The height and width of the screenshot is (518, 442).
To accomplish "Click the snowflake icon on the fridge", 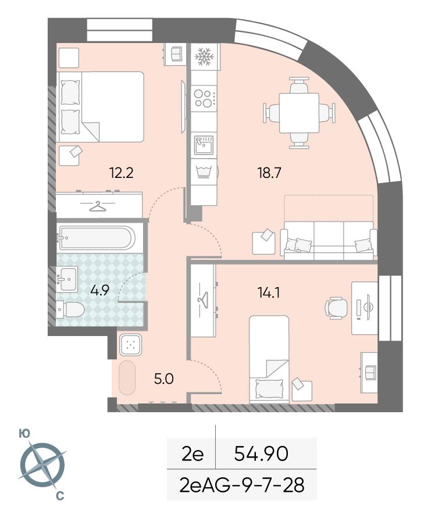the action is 205,57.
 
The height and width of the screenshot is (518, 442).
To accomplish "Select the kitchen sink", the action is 204,145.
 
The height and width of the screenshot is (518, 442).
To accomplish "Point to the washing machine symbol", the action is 204,172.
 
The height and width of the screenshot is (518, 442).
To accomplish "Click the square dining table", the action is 299,113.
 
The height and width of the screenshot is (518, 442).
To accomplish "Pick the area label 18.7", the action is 269,173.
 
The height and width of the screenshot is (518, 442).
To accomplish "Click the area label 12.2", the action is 122,173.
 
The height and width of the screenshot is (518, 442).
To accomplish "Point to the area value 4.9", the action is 100,290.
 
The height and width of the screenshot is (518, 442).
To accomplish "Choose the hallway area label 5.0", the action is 164,378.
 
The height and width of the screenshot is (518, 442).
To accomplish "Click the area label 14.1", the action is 269,292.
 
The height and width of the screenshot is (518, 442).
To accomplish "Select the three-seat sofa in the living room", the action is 329,240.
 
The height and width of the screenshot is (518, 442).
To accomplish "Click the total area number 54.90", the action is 261,453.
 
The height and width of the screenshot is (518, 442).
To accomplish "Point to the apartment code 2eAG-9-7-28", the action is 242,485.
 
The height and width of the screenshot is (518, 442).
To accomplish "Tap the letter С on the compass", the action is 60,496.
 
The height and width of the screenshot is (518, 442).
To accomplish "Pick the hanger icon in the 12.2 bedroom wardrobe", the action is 98,206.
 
